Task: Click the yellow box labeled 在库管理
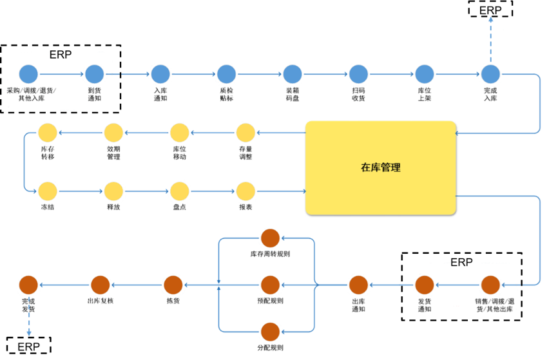(x=380, y=167)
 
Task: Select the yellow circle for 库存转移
(x=48, y=133)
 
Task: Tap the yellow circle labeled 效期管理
(x=113, y=133)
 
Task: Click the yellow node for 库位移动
(x=179, y=133)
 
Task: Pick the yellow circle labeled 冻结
(x=48, y=191)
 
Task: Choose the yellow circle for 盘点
(x=179, y=191)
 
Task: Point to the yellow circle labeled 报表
(x=246, y=191)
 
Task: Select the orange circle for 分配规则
(x=269, y=332)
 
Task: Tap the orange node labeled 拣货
(x=173, y=285)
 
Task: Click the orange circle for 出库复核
(x=100, y=285)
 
